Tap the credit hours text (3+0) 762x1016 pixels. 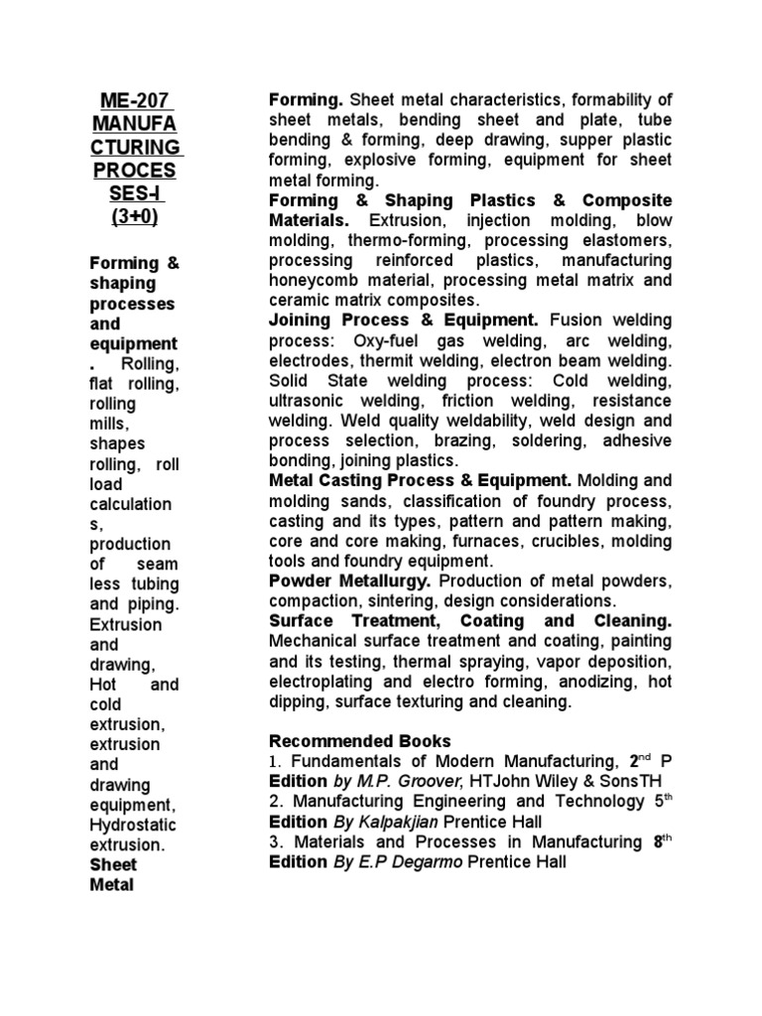[x=136, y=215]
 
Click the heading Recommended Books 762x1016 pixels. [x=360, y=741]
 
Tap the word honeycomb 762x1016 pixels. [x=315, y=281]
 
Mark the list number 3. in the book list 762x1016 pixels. [x=276, y=841]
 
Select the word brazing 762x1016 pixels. [x=439, y=441]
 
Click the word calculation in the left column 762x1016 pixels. [x=130, y=504]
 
